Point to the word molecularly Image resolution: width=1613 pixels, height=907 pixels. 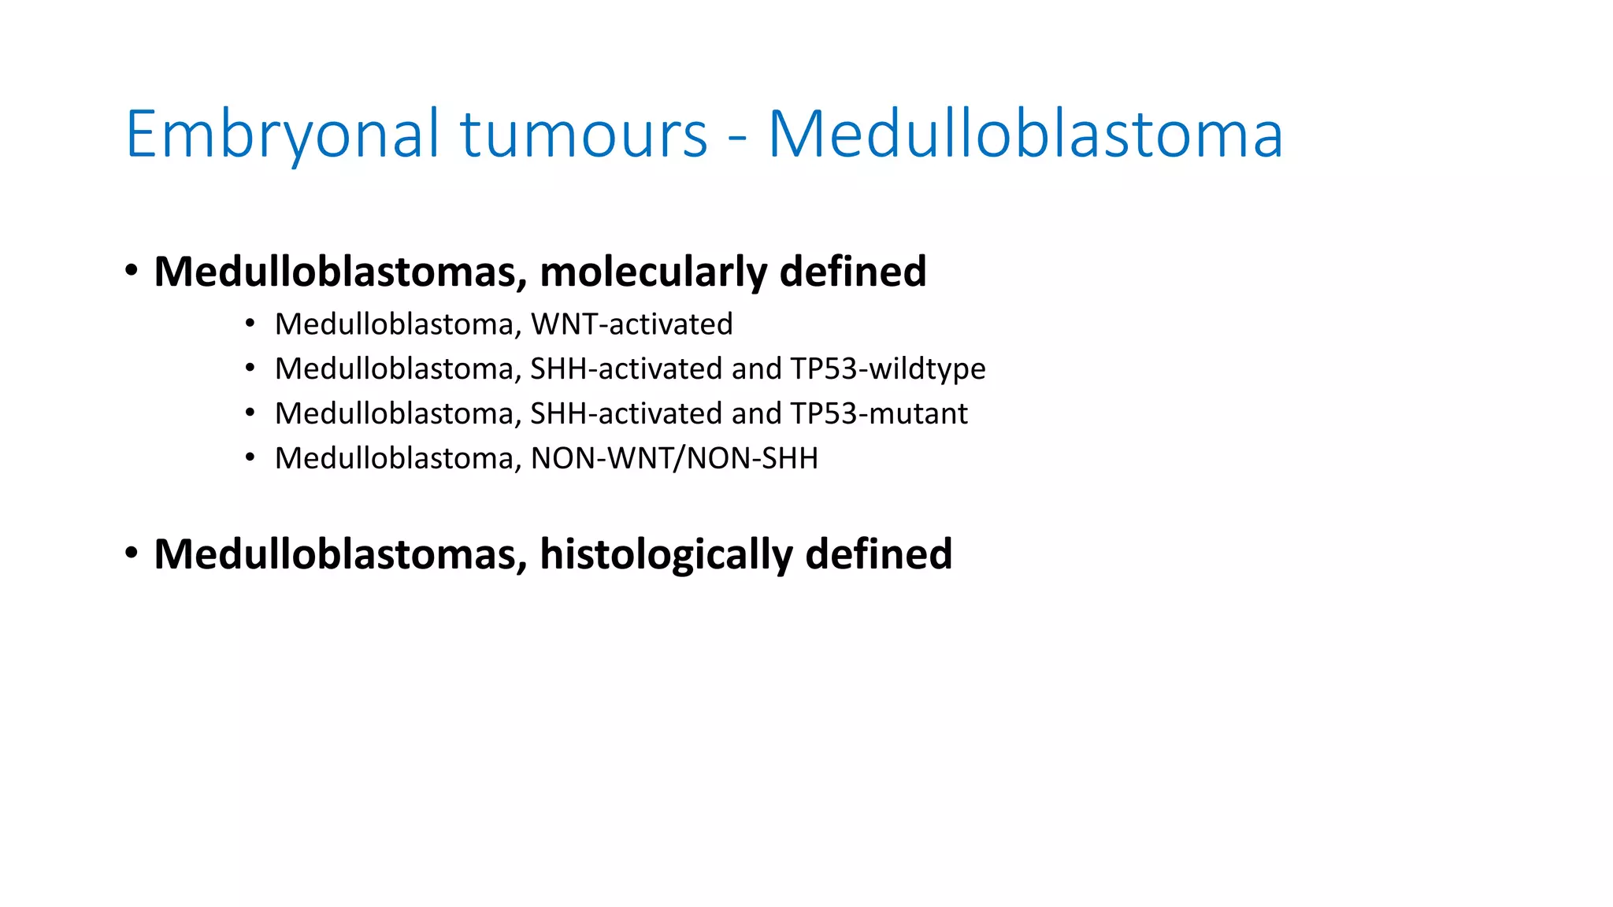point(653,272)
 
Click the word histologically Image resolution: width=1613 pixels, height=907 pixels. point(666,555)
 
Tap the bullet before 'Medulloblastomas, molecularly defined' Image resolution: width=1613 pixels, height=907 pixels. point(132,271)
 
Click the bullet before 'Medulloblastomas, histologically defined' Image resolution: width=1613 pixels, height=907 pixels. point(132,553)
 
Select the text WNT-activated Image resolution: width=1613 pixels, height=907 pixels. point(632,324)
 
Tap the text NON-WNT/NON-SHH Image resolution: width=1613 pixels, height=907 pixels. point(674,459)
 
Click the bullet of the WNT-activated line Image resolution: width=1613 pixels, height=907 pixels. point(250,323)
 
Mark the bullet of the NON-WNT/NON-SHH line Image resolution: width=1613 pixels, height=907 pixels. point(250,457)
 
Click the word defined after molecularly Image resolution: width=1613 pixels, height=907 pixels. point(852,272)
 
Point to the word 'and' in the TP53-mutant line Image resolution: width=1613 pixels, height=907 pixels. point(756,414)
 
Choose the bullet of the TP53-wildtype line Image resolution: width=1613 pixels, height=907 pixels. point(250,368)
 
